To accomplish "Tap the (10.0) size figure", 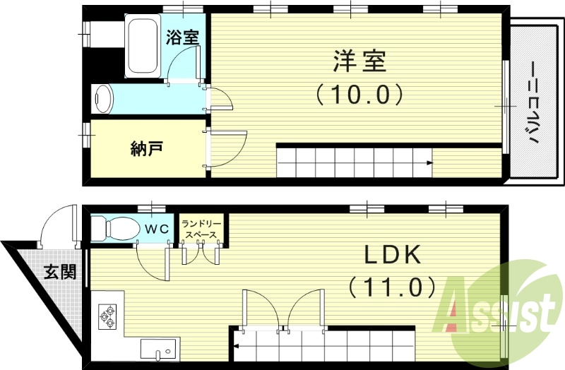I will (x=359, y=93).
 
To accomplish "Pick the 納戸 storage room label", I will (x=148, y=149).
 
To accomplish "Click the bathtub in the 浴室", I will (x=144, y=46).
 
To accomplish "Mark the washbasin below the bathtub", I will (x=104, y=99).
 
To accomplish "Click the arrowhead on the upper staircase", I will (x=429, y=164).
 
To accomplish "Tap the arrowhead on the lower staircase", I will (x=238, y=345).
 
